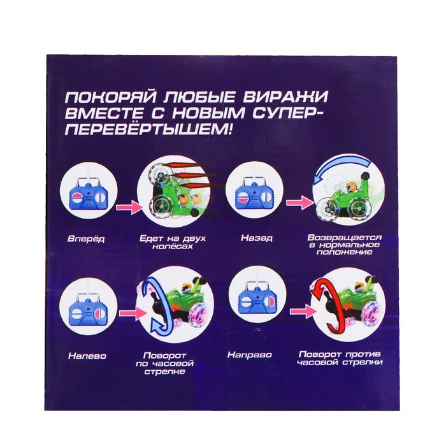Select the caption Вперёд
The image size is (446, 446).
[x=86, y=238]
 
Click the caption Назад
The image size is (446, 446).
[x=257, y=238]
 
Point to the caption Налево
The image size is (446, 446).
[x=87, y=356]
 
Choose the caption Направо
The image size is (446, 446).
[x=250, y=355]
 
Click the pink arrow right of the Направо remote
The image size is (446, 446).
[x=302, y=311]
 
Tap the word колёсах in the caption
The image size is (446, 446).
[x=173, y=246]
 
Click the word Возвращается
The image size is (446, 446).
[x=344, y=237]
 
